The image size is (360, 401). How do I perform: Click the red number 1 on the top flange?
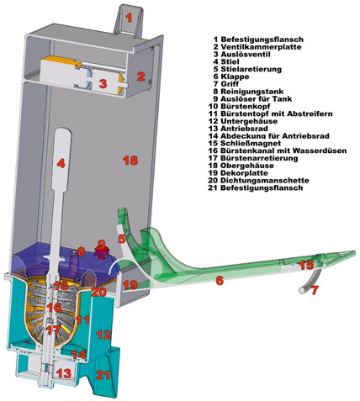(x=129, y=18)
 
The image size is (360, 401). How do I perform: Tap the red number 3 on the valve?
(x=103, y=83)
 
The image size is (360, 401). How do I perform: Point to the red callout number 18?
(x=130, y=161)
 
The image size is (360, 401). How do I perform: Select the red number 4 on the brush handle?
(x=61, y=163)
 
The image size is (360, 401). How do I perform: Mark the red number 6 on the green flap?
(x=220, y=281)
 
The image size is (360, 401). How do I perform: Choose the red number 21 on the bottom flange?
(x=103, y=375)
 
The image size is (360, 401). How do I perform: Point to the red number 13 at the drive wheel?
(x=64, y=373)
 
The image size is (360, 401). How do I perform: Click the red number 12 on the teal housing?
(x=103, y=335)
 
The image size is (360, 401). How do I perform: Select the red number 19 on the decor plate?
(x=130, y=285)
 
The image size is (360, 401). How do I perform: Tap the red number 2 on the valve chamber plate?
(x=140, y=77)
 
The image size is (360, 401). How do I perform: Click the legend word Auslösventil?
(x=246, y=54)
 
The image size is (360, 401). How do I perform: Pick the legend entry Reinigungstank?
(x=252, y=92)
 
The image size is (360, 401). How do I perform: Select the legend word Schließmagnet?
(x=251, y=143)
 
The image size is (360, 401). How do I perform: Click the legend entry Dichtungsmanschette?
(x=265, y=180)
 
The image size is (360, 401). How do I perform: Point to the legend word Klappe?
(x=235, y=77)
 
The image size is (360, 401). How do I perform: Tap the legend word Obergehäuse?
(x=247, y=166)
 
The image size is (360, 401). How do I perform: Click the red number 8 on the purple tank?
(x=81, y=251)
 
